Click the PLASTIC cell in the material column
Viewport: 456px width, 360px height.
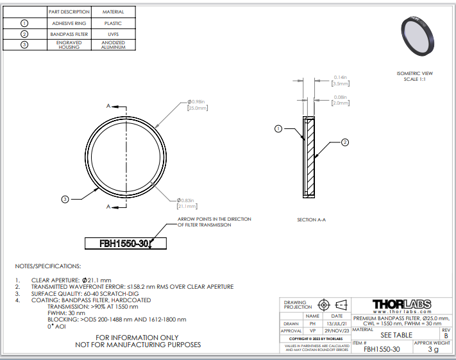(x=113, y=23)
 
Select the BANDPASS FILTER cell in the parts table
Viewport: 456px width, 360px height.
(x=69, y=34)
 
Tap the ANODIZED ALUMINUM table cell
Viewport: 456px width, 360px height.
(x=113, y=45)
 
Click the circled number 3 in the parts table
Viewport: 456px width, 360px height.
(x=24, y=45)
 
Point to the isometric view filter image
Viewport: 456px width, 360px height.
(x=418, y=36)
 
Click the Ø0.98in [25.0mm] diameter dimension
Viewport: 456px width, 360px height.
(x=198, y=105)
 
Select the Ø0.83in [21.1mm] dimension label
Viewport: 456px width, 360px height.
(x=187, y=203)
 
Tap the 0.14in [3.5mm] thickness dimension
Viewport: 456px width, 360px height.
(x=341, y=81)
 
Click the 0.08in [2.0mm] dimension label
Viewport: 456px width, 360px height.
(x=341, y=100)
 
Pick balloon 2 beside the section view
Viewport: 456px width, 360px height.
(x=345, y=142)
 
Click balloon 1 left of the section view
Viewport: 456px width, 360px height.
(x=278, y=128)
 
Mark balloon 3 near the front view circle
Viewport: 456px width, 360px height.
(x=65, y=200)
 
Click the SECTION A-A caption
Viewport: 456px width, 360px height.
(x=312, y=219)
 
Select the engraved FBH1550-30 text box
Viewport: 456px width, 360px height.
(x=126, y=243)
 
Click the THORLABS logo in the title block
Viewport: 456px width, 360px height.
(x=402, y=304)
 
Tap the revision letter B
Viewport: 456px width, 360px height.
(x=446, y=336)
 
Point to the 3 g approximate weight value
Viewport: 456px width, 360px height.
(x=433, y=349)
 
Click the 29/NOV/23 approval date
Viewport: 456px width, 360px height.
(x=337, y=331)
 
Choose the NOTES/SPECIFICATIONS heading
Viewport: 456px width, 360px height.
(x=48, y=266)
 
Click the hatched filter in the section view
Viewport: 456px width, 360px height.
(x=310, y=157)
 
